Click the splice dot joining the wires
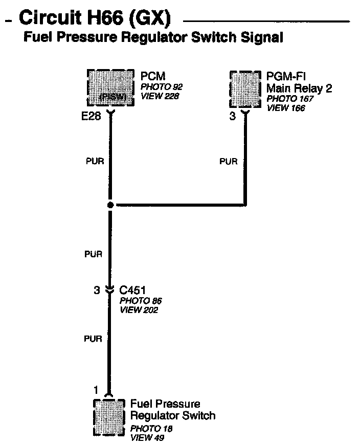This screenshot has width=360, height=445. click(x=110, y=205)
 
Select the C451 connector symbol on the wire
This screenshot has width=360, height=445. click(x=109, y=290)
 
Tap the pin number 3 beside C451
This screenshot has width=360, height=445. click(x=96, y=291)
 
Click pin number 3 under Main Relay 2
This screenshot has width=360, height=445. click(x=233, y=116)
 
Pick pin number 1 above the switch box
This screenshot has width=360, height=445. click(x=96, y=390)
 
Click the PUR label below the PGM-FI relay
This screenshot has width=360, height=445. click(x=229, y=162)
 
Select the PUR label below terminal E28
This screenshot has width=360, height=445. click(x=95, y=162)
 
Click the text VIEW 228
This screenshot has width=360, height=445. click(x=160, y=96)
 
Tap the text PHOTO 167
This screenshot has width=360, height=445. click(x=290, y=99)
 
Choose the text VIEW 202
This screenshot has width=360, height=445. click(x=139, y=310)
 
